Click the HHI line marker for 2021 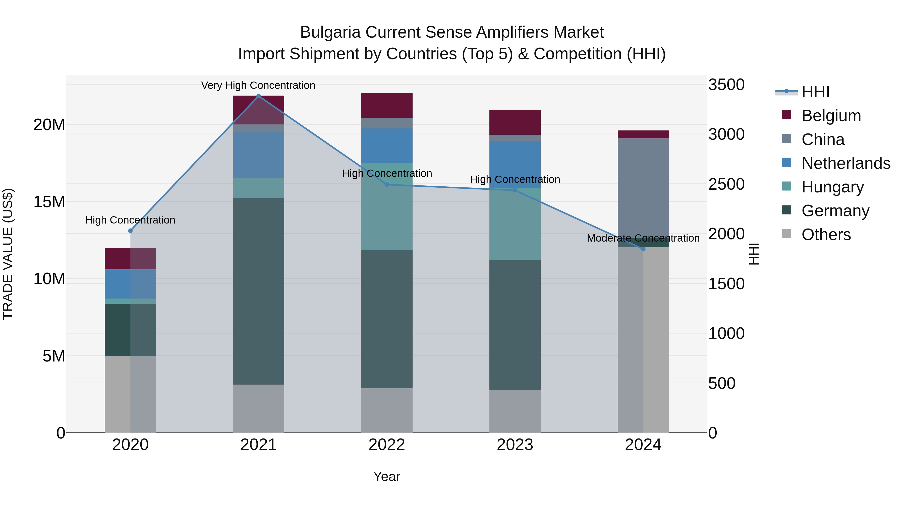(259, 96)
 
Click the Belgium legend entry (831, 116)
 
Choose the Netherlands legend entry (846, 163)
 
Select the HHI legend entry (815, 92)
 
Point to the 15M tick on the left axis (49, 202)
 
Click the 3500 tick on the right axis (726, 85)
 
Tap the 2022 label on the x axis (387, 445)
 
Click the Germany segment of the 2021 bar (259, 291)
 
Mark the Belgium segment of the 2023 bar (515, 122)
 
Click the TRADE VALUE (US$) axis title (8, 254)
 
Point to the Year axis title (387, 476)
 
